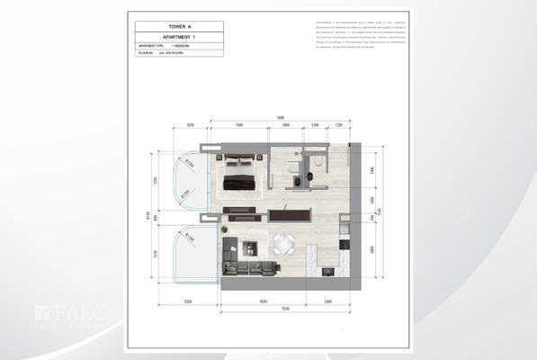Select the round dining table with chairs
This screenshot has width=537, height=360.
tap(283, 242)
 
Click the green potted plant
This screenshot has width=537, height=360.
tap(224, 230)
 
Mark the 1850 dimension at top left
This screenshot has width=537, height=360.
tap(191, 126)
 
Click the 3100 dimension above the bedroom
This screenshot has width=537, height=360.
tap(238, 126)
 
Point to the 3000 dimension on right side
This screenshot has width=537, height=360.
tap(371, 249)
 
